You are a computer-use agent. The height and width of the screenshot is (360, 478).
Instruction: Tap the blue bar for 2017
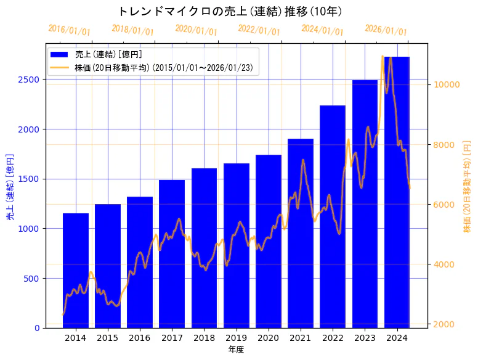(x=172, y=253)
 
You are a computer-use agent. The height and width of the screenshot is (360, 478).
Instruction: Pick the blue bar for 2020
(x=269, y=241)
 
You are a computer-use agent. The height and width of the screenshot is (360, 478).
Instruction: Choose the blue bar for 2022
(x=333, y=216)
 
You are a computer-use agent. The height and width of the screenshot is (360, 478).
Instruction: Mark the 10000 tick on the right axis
(x=447, y=84)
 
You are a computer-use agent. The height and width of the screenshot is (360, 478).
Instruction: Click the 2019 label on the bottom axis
(x=236, y=338)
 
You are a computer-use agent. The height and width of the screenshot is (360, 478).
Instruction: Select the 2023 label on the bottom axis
(x=365, y=338)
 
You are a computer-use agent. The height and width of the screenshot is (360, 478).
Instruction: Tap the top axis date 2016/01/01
(x=69, y=30)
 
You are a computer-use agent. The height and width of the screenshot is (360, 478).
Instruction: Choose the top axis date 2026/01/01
(x=386, y=30)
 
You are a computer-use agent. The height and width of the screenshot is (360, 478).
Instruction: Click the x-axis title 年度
(x=236, y=350)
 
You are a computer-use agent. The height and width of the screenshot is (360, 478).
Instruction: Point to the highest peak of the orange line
(x=383, y=56)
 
